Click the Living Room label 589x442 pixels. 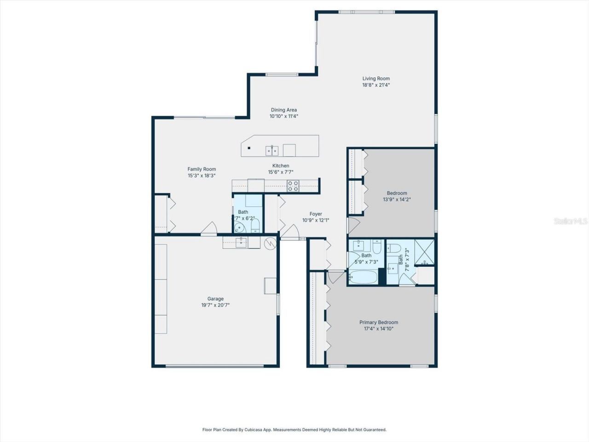tap(376, 79)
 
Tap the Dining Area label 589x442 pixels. tap(283, 110)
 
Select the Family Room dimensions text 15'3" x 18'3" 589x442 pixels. tap(202, 175)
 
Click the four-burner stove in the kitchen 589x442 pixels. tap(293, 186)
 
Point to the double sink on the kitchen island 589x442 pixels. tap(271, 150)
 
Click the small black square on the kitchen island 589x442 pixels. tap(249, 148)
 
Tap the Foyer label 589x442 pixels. tap(316, 214)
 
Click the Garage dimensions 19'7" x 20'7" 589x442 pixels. tap(215, 305)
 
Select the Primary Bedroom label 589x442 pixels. tap(379, 322)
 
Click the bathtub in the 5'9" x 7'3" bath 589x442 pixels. tap(364, 277)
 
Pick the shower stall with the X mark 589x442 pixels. tap(424, 252)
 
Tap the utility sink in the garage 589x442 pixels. tap(241, 242)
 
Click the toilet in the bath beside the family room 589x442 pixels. tap(256, 226)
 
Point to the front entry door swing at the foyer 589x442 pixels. tap(290, 232)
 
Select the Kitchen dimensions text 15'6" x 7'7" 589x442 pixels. tap(281, 172)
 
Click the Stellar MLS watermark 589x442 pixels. tap(571, 221)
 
